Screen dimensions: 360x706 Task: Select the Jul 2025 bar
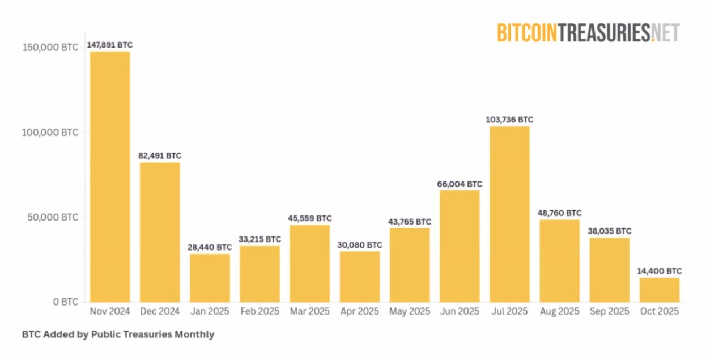pyautogui.click(x=509, y=214)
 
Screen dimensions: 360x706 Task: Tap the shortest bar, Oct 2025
pyautogui.click(x=659, y=290)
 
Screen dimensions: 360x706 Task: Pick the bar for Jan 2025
pyautogui.click(x=210, y=278)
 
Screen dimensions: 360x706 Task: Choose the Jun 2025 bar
pyautogui.click(x=460, y=246)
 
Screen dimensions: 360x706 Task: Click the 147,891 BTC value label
pyautogui.click(x=110, y=44)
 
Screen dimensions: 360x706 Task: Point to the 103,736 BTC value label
pyautogui.click(x=509, y=120)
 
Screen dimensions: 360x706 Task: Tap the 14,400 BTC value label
pyautogui.click(x=660, y=271)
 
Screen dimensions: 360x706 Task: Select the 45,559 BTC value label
pyautogui.click(x=310, y=218)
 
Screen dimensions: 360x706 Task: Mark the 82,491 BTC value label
pyautogui.click(x=160, y=155)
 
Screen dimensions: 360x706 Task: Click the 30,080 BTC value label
pyautogui.click(x=360, y=245)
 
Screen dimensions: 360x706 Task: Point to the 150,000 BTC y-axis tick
pyautogui.click(x=50, y=48)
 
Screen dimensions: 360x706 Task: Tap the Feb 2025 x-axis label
pyautogui.click(x=260, y=311)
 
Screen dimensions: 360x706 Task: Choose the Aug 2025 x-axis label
pyautogui.click(x=559, y=311)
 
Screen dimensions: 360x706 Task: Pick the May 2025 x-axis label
pyautogui.click(x=410, y=311)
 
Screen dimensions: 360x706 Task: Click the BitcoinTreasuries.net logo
pyautogui.click(x=588, y=32)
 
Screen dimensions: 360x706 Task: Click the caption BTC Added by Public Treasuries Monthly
pyautogui.click(x=118, y=334)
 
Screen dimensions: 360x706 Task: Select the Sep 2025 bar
pyautogui.click(x=609, y=270)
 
